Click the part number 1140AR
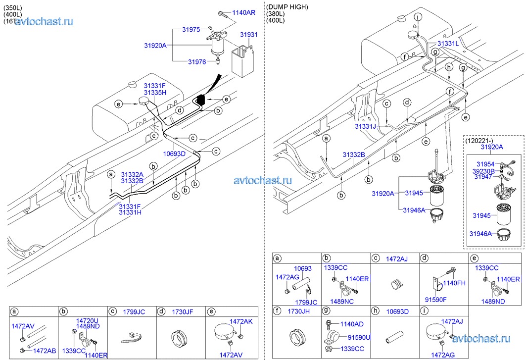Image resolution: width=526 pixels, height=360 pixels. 243,12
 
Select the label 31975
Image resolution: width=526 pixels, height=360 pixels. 191,30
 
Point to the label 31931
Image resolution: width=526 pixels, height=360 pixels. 249,35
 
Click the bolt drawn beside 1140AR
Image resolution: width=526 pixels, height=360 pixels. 223,13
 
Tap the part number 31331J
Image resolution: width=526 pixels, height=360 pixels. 365,127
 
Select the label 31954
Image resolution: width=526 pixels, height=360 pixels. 486,164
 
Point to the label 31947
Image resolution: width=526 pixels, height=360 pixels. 483,177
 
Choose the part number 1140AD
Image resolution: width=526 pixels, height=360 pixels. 351,324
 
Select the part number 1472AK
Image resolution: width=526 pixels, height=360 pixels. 241,321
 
